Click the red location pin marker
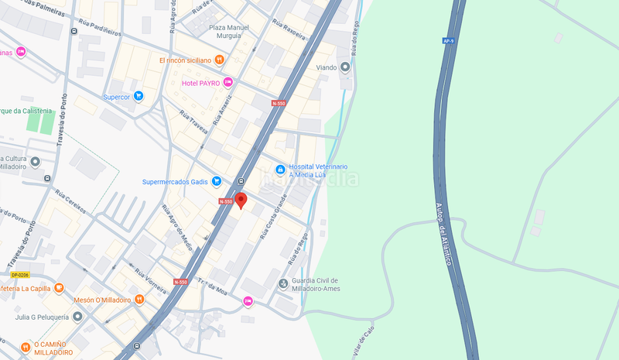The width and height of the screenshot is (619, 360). point(241,201)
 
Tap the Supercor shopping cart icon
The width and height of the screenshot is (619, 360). point(139,97)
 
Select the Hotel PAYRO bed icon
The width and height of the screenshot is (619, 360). point(227,83)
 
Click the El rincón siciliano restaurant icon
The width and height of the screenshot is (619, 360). point(221,60)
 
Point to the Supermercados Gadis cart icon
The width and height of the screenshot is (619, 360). point(217,182)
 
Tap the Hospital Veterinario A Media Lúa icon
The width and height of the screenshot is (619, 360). point(280,170)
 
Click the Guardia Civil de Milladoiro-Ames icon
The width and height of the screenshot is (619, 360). point(283,283)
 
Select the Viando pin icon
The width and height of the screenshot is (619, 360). point(345,67)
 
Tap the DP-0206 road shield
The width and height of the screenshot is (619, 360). point(20,275)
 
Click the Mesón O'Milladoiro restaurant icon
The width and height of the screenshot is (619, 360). point(139,300)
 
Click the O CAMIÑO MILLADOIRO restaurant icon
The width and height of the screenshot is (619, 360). point(26,346)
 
